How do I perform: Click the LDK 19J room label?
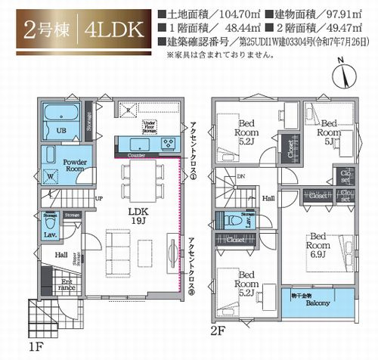coord(137,216)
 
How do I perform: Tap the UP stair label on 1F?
coord(99,200)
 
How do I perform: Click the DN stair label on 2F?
coord(241,178)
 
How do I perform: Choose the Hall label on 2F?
coord(268,198)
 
